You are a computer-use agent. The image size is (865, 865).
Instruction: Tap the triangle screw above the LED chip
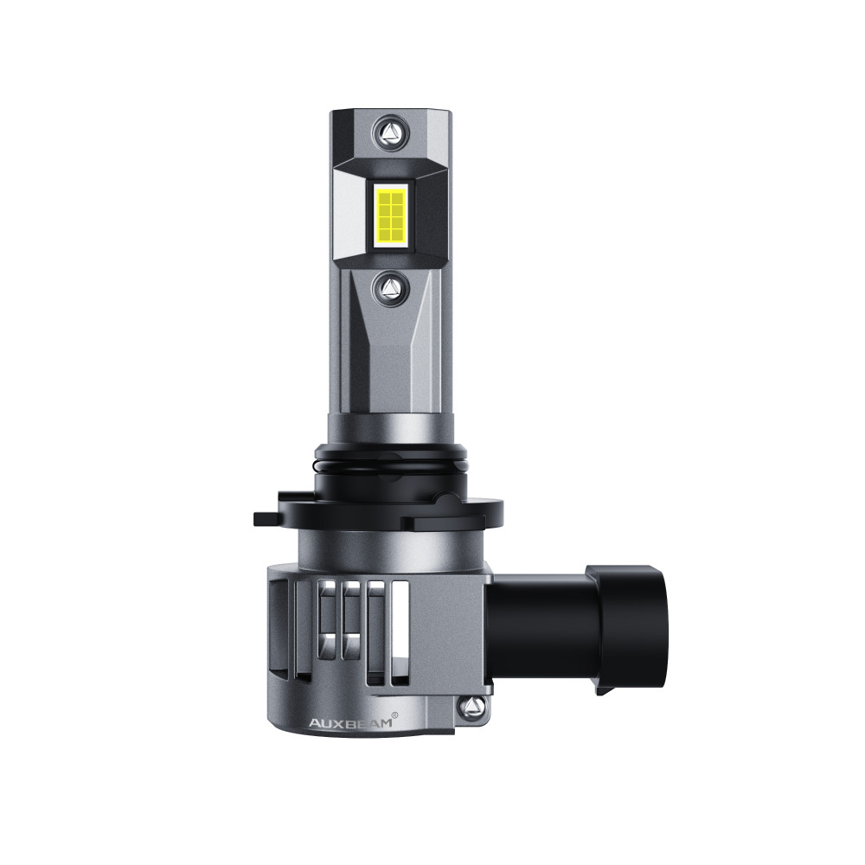pos(391,132)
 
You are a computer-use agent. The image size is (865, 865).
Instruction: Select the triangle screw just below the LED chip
pos(391,288)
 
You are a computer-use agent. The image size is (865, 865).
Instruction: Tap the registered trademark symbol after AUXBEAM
pos(394,715)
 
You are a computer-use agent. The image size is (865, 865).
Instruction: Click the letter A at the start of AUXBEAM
pos(314,723)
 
